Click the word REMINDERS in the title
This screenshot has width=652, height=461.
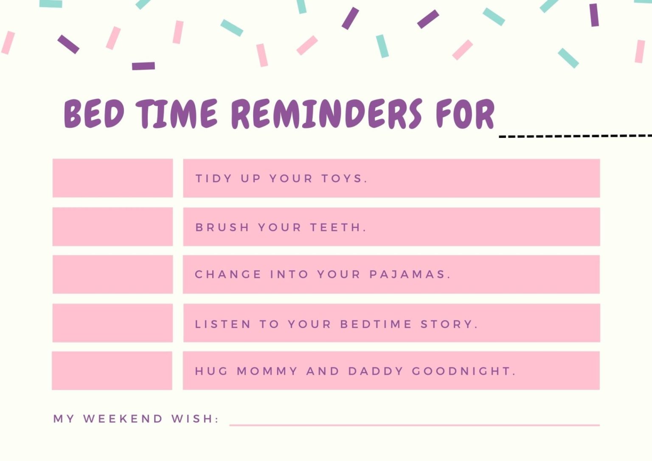326,114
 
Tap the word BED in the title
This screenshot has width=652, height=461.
94,114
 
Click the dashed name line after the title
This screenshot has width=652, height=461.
575,136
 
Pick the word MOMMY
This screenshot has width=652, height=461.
267,371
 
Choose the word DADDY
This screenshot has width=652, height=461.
376,371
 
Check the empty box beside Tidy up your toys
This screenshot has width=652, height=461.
112,178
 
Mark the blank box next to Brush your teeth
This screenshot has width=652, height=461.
112,227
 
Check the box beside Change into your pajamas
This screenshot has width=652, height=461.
112,274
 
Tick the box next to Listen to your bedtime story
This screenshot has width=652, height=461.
112,323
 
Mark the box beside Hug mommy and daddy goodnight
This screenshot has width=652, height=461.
112,371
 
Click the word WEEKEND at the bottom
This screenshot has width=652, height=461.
123,419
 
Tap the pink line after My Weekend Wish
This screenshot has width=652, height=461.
414,424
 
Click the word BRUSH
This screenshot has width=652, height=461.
222,228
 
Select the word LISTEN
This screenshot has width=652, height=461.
223,324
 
